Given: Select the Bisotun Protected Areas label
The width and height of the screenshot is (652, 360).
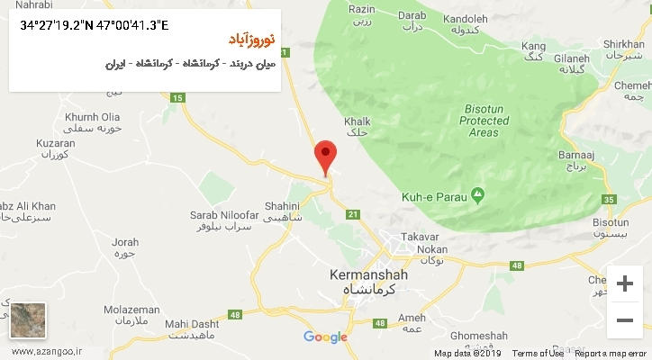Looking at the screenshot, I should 484,120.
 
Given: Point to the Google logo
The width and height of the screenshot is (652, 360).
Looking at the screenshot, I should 325,337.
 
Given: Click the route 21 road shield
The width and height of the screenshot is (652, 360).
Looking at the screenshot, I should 353,213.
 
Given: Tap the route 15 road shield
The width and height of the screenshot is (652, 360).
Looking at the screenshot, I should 177,97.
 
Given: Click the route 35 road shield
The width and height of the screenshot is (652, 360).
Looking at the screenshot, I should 610,199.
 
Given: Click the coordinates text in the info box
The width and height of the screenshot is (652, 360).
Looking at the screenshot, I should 94,25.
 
